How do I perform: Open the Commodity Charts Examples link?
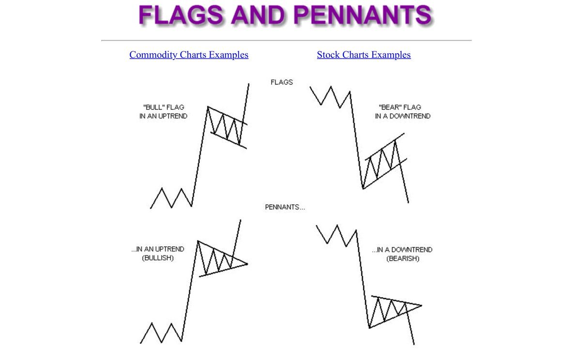(189, 55)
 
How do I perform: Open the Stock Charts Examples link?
(364, 55)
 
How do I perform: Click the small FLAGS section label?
(282, 82)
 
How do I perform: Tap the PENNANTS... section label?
(285, 207)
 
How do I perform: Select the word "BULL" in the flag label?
(154, 107)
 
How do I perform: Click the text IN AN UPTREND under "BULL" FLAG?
(163, 116)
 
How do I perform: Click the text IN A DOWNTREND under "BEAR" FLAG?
(402, 116)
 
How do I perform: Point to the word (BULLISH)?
(158, 258)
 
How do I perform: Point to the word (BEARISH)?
(403, 259)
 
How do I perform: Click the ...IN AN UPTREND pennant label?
(158, 249)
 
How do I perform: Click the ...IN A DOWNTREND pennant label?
(402, 250)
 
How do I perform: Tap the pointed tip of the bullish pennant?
(247, 264)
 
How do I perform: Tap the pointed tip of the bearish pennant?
(422, 305)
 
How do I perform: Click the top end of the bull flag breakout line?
(249, 84)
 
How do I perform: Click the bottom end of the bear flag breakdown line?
(408, 202)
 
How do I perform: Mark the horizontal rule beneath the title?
(286, 40)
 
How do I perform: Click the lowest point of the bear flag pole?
(363, 189)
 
